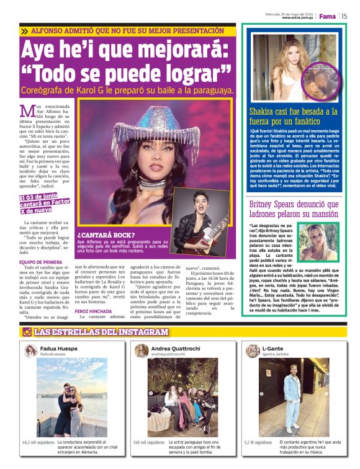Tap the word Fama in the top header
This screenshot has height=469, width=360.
(327, 16)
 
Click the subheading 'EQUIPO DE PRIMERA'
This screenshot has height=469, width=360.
(38, 263)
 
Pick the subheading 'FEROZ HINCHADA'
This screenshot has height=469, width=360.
(93, 311)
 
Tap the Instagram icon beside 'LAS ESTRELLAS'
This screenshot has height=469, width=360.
(27, 332)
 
